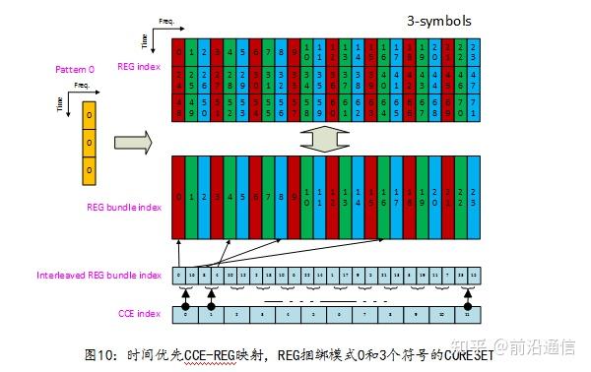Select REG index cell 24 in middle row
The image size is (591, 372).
(177, 78)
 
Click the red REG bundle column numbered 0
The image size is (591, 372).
(177, 197)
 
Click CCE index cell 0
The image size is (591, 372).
(184, 313)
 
